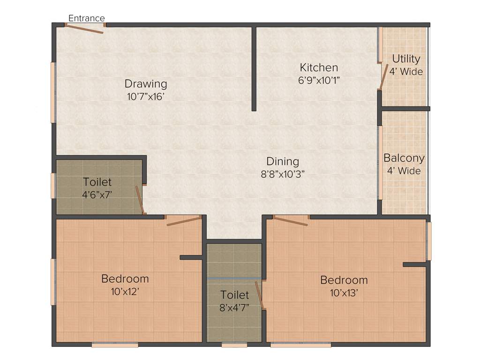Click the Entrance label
(x=87, y=18)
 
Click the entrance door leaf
(x=85, y=29)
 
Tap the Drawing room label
(x=146, y=84)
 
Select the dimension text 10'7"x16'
(x=146, y=97)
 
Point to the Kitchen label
(x=319, y=67)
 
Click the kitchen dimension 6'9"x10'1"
(x=319, y=80)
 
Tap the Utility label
(x=406, y=59)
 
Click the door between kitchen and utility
(x=383, y=77)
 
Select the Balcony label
(x=404, y=158)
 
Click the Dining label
(x=283, y=161)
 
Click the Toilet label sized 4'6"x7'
(x=97, y=181)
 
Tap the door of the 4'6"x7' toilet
(x=140, y=200)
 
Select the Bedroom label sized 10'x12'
(x=125, y=278)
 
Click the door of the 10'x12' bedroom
(x=184, y=221)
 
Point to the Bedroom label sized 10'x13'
(x=344, y=280)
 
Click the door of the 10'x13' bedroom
(x=291, y=221)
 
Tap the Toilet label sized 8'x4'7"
(x=235, y=295)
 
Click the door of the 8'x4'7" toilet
(x=260, y=295)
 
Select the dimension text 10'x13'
(x=344, y=293)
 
